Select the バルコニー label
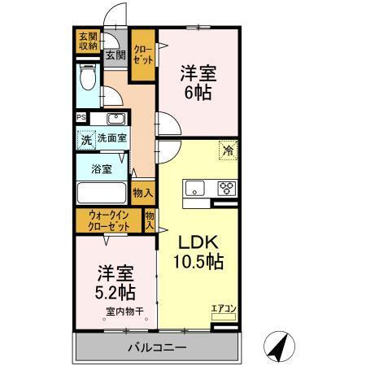[157, 348]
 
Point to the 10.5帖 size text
[198, 264]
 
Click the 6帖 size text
[198, 93]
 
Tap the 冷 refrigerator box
[229, 150]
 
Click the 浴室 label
[101, 171]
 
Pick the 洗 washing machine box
[86, 140]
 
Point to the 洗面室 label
[111, 139]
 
